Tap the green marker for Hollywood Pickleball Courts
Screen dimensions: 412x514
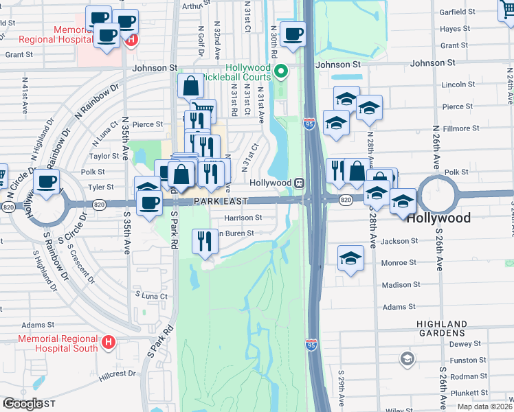(x=280, y=71)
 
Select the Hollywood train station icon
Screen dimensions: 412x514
(x=299, y=183)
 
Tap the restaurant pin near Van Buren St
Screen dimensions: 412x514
(x=205, y=242)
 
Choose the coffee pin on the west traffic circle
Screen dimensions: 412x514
(x=47, y=183)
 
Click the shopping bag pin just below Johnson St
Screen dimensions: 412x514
(x=190, y=87)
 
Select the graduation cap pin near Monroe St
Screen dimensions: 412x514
(x=350, y=259)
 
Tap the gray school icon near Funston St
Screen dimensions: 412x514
(x=407, y=358)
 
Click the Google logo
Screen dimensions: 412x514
(x=22, y=404)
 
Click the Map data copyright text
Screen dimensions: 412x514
(x=486, y=407)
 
